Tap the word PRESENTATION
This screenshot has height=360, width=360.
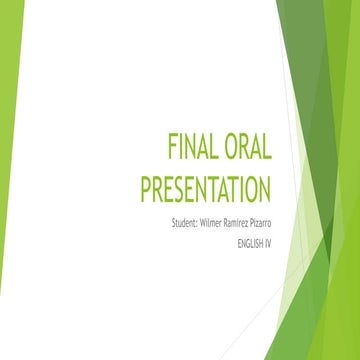click(205, 188)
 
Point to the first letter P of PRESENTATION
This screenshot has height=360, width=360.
click(145, 188)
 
